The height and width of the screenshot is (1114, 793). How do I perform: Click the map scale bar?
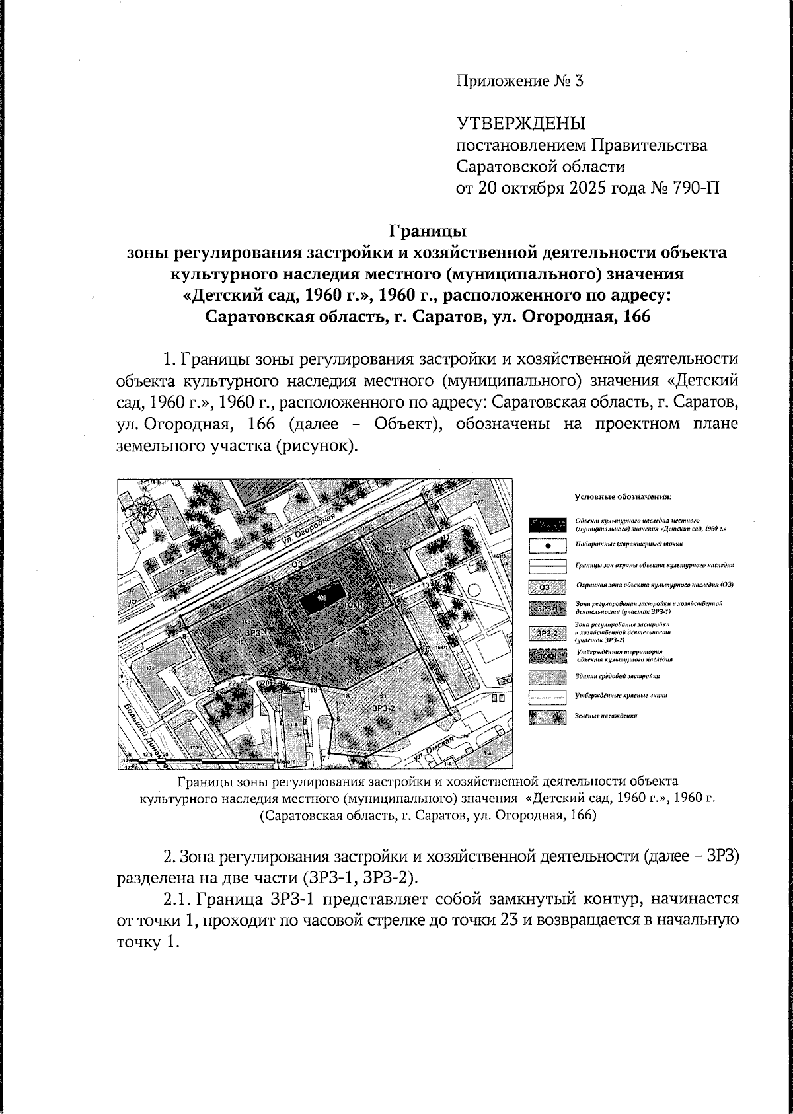tap(205, 762)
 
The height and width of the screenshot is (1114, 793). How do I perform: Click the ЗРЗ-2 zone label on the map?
tap(383, 708)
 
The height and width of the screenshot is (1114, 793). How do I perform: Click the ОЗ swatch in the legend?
tap(547, 586)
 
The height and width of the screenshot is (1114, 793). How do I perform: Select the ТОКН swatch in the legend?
tap(547, 655)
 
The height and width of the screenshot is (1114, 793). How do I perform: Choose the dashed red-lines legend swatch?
tap(547, 696)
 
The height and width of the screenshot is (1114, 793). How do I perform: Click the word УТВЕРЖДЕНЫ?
tap(521, 124)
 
